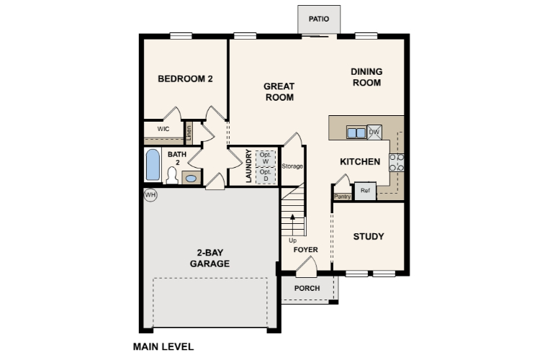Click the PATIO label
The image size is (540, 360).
tap(318, 19)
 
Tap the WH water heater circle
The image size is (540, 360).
tap(150, 195)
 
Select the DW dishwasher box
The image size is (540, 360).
tap(374, 132)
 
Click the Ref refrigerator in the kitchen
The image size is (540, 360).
tap(365, 191)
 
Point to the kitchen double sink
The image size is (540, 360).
tap(356, 132)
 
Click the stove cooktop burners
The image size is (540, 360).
tap(397, 163)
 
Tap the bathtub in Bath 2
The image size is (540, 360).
tap(153, 165)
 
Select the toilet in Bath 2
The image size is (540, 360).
tap(172, 176)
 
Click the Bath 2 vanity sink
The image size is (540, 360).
tap(191, 179)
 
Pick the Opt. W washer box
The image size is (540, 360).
tap(266, 158)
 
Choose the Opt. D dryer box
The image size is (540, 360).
tap(266, 176)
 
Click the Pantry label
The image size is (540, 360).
tap(342, 197)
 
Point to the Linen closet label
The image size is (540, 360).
tap(189, 133)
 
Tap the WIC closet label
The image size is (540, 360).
tap(163, 129)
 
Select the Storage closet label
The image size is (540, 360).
tap(292, 166)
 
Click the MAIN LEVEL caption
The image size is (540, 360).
tap(163, 346)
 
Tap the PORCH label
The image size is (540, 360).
tap(307, 288)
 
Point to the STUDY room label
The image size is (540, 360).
tap(369, 236)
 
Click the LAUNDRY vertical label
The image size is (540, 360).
tap(248, 166)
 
